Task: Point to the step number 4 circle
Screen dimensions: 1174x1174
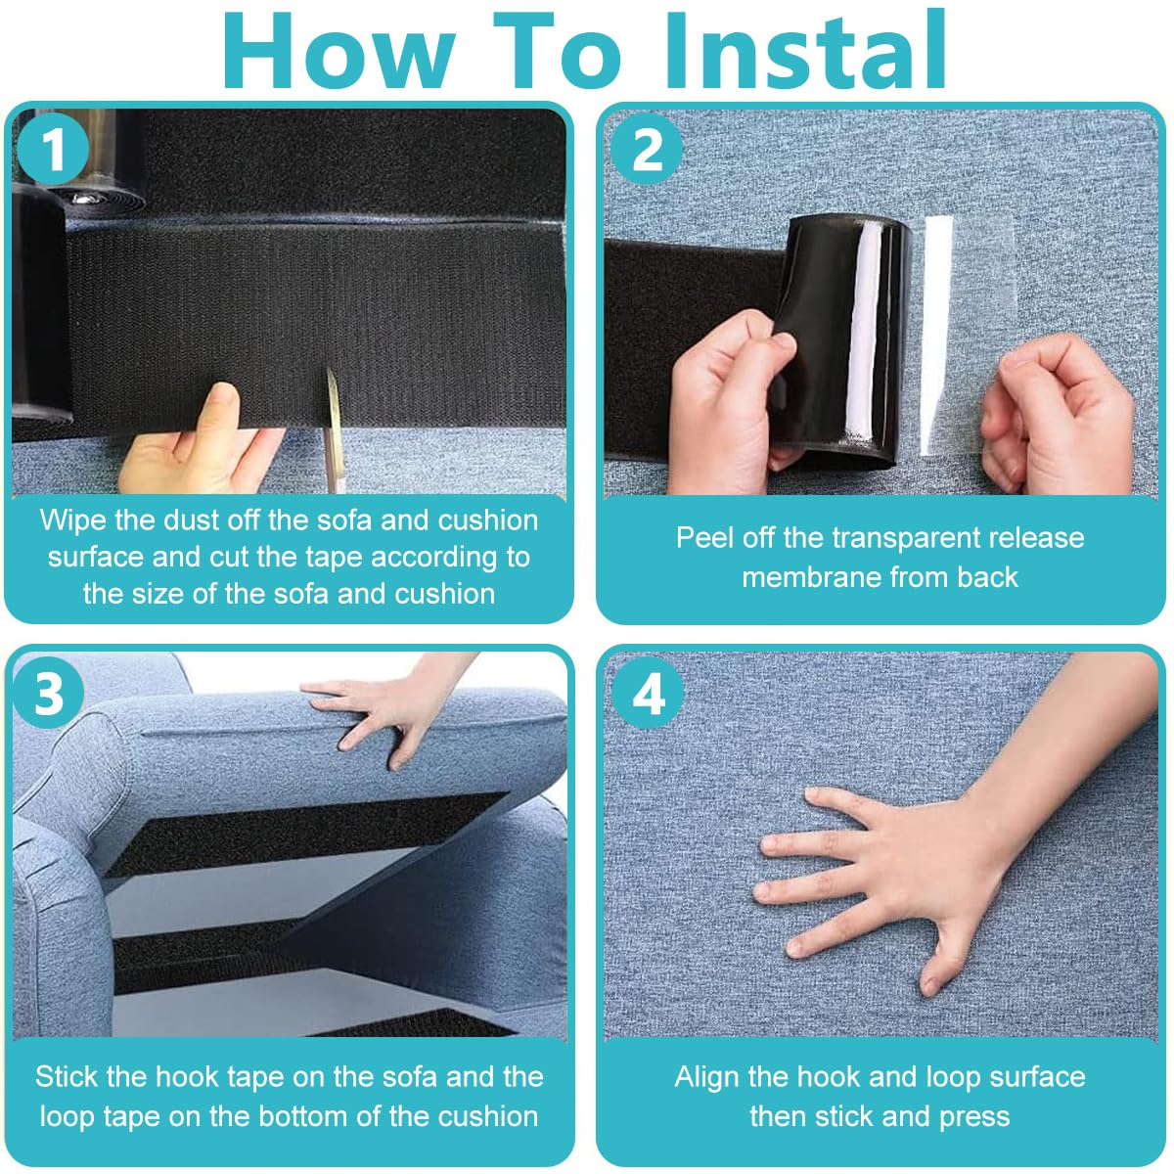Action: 648,695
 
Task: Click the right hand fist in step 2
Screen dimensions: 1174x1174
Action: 1057,411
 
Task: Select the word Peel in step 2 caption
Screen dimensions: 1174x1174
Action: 703,538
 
